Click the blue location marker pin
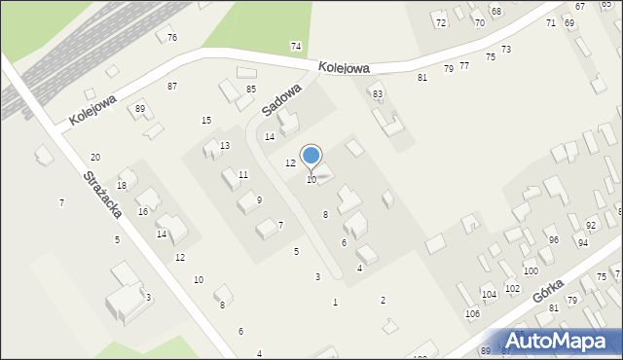(311, 157)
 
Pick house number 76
(172, 38)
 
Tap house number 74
(296, 47)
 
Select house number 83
(378, 93)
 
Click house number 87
(172, 87)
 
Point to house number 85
(250, 90)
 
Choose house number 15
(206, 120)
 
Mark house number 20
(95, 158)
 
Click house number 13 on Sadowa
(225, 146)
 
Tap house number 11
(243, 175)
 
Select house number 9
(259, 200)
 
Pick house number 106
(472, 313)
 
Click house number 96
(553, 239)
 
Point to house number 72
(440, 22)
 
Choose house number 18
(122, 186)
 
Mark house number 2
(383, 301)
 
